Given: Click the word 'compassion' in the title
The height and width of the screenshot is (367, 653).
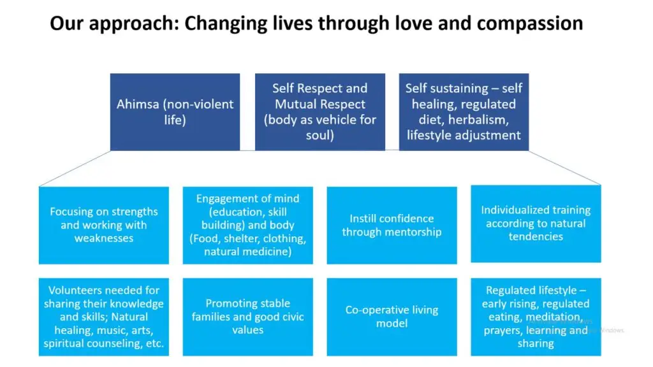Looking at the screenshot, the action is click(x=530, y=24).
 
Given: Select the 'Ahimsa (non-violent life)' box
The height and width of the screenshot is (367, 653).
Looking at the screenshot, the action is click(x=175, y=112).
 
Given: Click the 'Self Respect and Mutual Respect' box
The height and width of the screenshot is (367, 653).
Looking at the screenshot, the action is click(x=320, y=112).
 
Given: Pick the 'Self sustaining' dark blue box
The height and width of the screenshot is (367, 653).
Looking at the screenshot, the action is click(x=464, y=112).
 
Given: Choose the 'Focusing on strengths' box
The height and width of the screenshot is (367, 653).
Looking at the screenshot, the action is click(x=104, y=225).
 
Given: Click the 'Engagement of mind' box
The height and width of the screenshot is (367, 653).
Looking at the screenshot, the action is click(x=248, y=225).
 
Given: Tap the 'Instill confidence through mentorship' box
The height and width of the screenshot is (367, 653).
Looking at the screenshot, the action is click(x=392, y=225).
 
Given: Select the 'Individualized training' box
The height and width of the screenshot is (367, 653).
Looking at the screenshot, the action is click(x=536, y=224).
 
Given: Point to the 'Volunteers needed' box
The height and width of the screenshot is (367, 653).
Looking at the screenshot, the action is click(x=104, y=317).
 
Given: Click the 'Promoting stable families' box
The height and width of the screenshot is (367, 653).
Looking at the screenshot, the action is click(x=248, y=317).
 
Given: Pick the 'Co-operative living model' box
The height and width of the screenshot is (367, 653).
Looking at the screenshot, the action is click(x=392, y=317).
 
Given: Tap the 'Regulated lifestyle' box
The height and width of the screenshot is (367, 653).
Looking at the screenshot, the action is click(x=536, y=317).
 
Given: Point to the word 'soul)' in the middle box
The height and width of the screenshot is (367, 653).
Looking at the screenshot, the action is click(x=320, y=135).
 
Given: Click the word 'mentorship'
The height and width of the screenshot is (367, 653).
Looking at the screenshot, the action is click(x=415, y=232).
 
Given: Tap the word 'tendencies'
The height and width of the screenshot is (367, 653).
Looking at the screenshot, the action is click(x=536, y=237).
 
